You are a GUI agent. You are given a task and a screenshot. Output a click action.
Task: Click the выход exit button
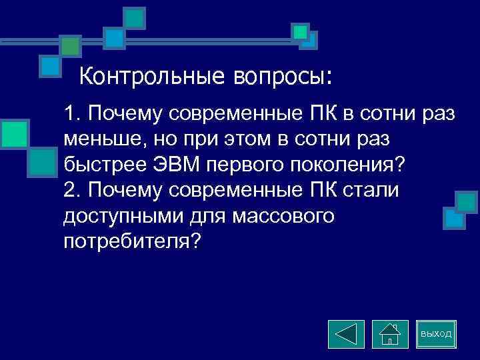(x=436, y=333)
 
